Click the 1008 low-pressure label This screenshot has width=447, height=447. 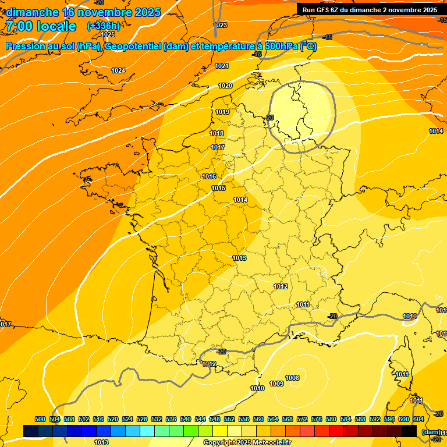coord(292,378)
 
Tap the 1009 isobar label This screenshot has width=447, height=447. coord(276,384)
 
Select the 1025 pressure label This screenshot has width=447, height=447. coord(108,34)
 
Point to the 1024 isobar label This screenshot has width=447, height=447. coord(118,70)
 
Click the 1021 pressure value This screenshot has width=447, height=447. coord(222,66)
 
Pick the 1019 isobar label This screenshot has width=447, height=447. coord(222,112)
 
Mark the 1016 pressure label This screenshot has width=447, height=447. coord(210,177)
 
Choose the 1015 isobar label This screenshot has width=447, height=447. coord(218,188)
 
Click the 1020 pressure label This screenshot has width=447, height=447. coord(225,86)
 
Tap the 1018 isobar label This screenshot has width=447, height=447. coord(217,134)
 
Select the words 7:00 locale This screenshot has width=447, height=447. coord(41,26)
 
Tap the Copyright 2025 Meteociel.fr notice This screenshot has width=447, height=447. coord(247,442)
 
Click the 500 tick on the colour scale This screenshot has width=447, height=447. coord(40,419)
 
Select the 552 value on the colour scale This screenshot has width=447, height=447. coord(229,419)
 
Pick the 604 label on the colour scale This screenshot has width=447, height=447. coord(418,419)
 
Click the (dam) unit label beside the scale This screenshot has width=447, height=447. coord(431,432)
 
